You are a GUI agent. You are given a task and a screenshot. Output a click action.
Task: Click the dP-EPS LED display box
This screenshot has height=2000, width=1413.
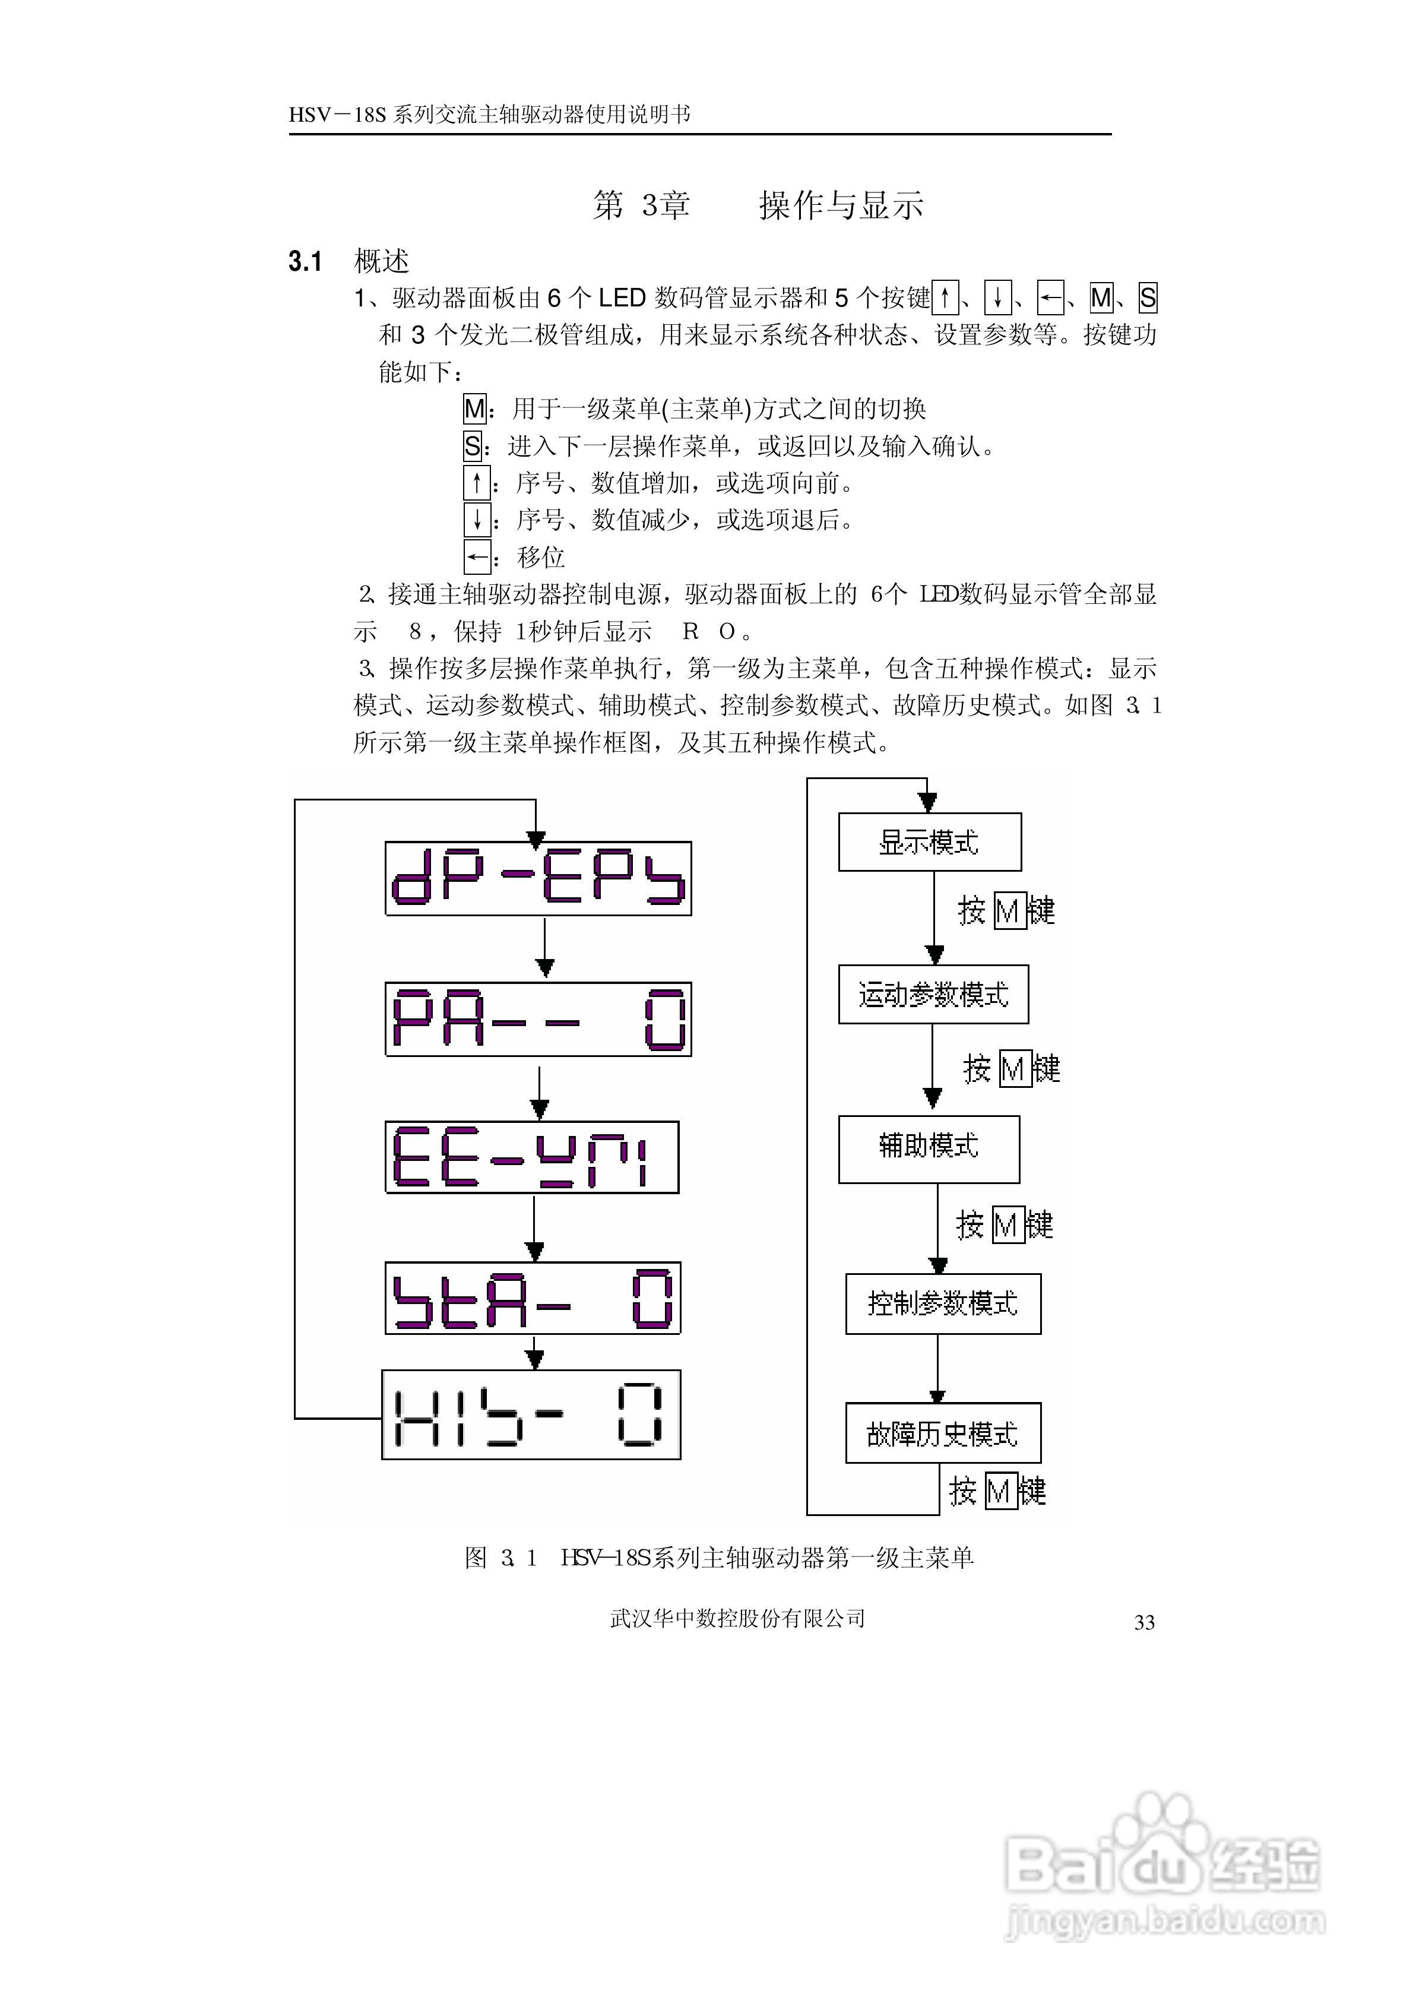click(538, 878)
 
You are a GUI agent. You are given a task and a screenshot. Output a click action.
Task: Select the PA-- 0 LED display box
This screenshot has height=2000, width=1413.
click(538, 1019)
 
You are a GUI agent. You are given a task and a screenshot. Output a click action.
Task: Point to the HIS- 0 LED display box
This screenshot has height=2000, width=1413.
click(531, 1414)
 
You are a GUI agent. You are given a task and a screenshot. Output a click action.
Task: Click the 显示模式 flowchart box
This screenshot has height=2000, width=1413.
click(930, 842)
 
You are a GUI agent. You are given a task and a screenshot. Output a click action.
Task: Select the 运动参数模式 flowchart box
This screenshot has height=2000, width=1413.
click(933, 994)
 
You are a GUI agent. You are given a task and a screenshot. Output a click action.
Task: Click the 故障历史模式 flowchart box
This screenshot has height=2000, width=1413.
click(943, 1433)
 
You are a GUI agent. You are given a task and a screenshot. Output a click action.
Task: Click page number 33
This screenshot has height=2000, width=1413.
click(1144, 1622)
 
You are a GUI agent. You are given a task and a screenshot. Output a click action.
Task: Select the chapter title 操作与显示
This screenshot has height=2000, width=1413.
click(841, 205)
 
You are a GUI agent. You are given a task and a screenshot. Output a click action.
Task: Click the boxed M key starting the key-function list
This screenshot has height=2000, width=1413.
click(475, 409)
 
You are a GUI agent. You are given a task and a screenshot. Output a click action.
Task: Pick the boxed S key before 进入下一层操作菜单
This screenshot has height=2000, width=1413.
click(472, 446)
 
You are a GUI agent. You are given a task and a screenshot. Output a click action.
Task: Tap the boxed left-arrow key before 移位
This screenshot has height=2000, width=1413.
click(477, 556)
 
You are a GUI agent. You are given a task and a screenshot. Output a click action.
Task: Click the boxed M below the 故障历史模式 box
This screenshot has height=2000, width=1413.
click(1001, 1491)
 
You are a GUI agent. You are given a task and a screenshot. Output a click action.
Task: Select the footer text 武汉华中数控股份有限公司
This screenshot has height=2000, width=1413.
click(737, 1618)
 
